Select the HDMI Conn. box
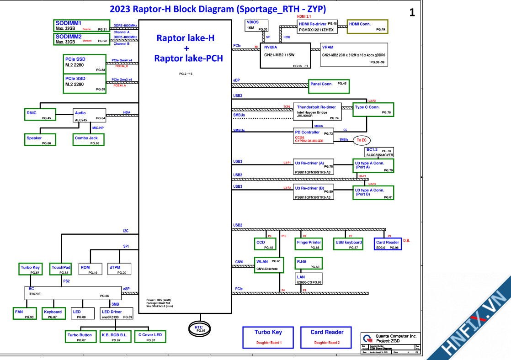[x=367, y=26]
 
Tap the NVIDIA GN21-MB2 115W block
[x=285, y=56]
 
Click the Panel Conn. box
[x=328, y=84]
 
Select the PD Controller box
[x=314, y=136]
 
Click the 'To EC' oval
[x=362, y=140]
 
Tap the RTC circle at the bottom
[x=198, y=328]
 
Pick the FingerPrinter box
[x=309, y=244]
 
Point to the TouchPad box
[x=61, y=269]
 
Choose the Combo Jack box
[x=89, y=140]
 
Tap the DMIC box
[x=40, y=115]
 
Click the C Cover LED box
[x=150, y=337]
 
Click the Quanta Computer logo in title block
[x=367, y=339]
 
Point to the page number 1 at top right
[x=412, y=13]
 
